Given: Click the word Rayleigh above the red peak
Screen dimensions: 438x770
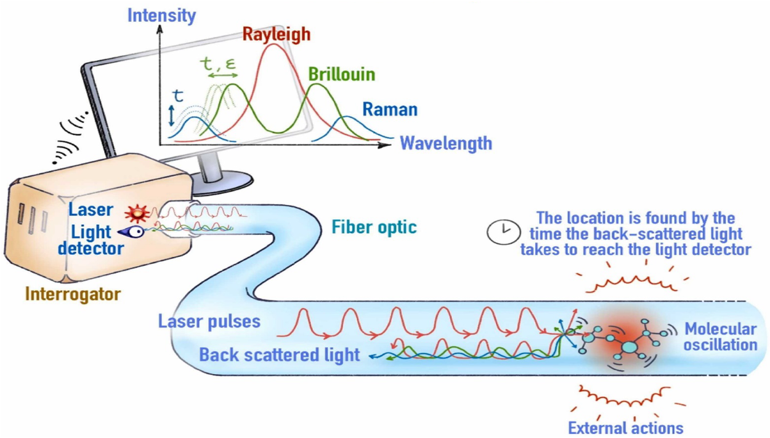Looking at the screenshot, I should coord(276,33).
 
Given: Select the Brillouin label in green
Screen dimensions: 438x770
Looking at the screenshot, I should coord(341,74).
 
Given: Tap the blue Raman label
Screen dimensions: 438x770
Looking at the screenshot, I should coord(390,109).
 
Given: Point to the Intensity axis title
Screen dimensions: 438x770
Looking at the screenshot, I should coord(161,15).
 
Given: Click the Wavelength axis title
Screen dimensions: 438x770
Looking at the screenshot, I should coord(446,142).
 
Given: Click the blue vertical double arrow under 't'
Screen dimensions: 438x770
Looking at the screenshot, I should coord(172,116).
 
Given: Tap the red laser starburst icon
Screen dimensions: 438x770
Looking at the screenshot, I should coord(136,213).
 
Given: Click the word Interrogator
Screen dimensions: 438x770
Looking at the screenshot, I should coord(72,294).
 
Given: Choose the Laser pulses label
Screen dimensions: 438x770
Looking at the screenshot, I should coord(209,321).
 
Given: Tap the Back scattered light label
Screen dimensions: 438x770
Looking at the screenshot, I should coord(280,355).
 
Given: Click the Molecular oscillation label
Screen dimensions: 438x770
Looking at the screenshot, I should coord(721,337).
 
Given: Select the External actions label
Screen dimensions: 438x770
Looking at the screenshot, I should coord(625,427).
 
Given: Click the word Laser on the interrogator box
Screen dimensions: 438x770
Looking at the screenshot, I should coord(92,209).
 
